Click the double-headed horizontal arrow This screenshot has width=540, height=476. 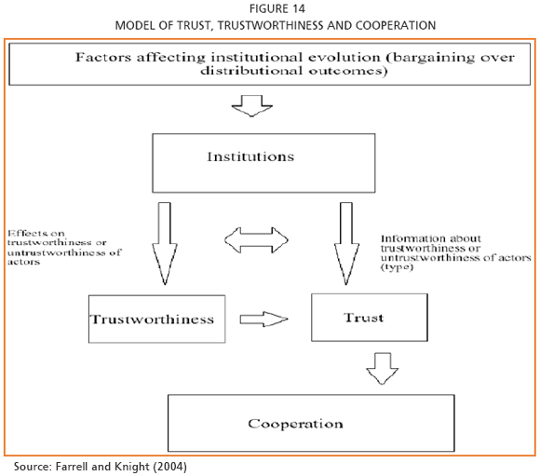coord(256,240)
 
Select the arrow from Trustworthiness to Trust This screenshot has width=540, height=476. coord(263,320)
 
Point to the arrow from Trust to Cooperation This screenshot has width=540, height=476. coord(383,368)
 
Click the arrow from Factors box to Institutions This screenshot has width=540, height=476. coord(252,106)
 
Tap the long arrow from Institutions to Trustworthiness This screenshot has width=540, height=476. coord(165,243)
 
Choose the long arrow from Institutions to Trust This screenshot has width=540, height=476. coord(346,243)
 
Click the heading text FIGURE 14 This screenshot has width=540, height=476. coord(277,8)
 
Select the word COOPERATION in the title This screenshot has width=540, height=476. coord(396,25)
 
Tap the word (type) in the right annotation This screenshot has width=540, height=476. coord(397,267)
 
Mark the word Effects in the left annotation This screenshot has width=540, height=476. coord(24,233)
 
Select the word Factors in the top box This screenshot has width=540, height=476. coord(103,57)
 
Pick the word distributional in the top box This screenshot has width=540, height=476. coord(251,71)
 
